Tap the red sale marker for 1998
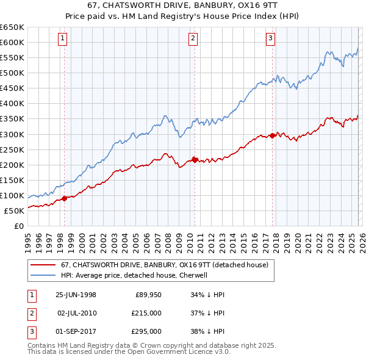click(65, 198)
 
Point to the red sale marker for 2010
click(195, 160)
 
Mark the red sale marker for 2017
click(272, 135)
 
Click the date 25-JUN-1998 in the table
click(76, 295)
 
